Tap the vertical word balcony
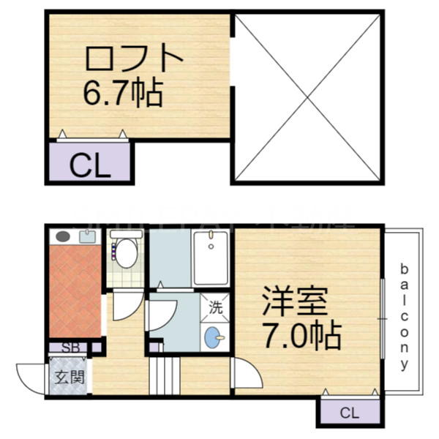(x=403, y=315)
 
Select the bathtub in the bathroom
(x=211, y=258)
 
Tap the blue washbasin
(x=213, y=337)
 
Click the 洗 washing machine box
(x=215, y=308)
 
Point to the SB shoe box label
(x=72, y=348)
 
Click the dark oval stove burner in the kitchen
(x=63, y=237)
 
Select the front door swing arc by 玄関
(x=30, y=378)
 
